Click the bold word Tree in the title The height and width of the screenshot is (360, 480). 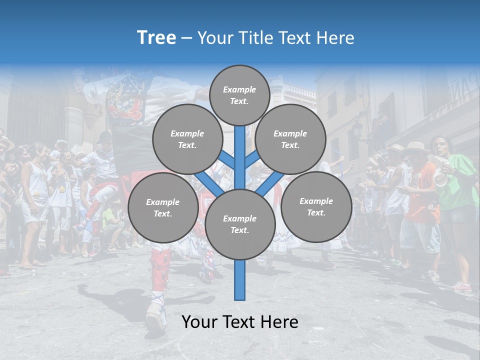pyautogui.click(x=156, y=37)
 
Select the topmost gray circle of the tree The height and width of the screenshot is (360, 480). pyautogui.click(x=239, y=95)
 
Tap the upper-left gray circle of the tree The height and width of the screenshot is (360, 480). pyautogui.click(x=187, y=139)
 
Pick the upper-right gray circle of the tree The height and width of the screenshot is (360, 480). pyautogui.click(x=290, y=139)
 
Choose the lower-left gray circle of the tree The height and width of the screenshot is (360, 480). pyautogui.click(x=162, y=207)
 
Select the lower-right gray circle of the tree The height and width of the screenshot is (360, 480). pyautogui.click(x=316, y=206)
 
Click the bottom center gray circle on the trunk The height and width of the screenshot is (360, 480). pyautogui.click(x=239, y=224)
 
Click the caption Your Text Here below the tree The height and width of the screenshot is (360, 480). pyautogui.click(x=239, y=322)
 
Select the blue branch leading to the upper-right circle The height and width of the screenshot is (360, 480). pyautogui.click(x=252, y=159)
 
